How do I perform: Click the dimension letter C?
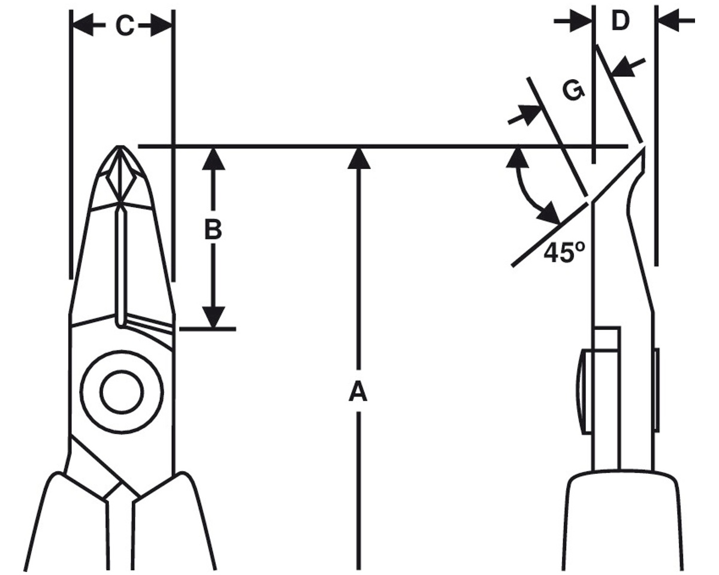pos(125,26)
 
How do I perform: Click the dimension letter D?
pos(621,21)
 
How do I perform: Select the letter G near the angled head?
pos(573,91)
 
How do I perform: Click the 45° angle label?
pos(564,253)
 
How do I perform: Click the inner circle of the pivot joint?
pos(122,392)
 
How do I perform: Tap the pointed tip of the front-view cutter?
pos(120,146)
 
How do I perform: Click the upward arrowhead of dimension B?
pos(213,159)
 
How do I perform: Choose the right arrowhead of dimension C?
pos(161,25)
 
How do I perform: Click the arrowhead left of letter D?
pos(581,21)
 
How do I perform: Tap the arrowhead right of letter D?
pos(669,21)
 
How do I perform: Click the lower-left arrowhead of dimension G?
pos(529,114)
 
